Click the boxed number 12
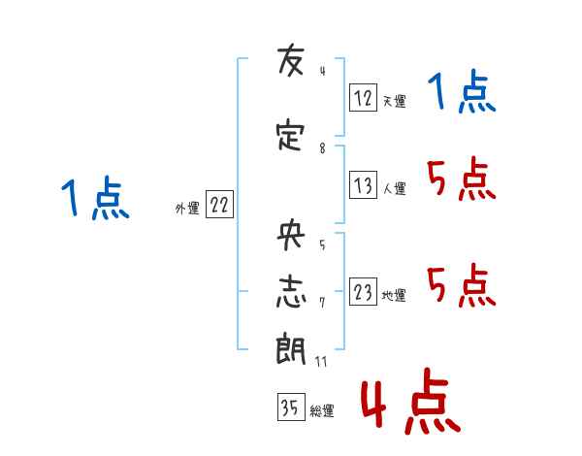point(363,97)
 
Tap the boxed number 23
point(363,293)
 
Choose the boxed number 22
point(219,206)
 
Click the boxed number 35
point(290,407)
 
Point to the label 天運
point(394,101)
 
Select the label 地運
point(394,296)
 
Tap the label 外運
point(186,209)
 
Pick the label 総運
point(322,411)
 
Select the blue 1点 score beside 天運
point(462,94)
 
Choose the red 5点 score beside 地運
point(462,285)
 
